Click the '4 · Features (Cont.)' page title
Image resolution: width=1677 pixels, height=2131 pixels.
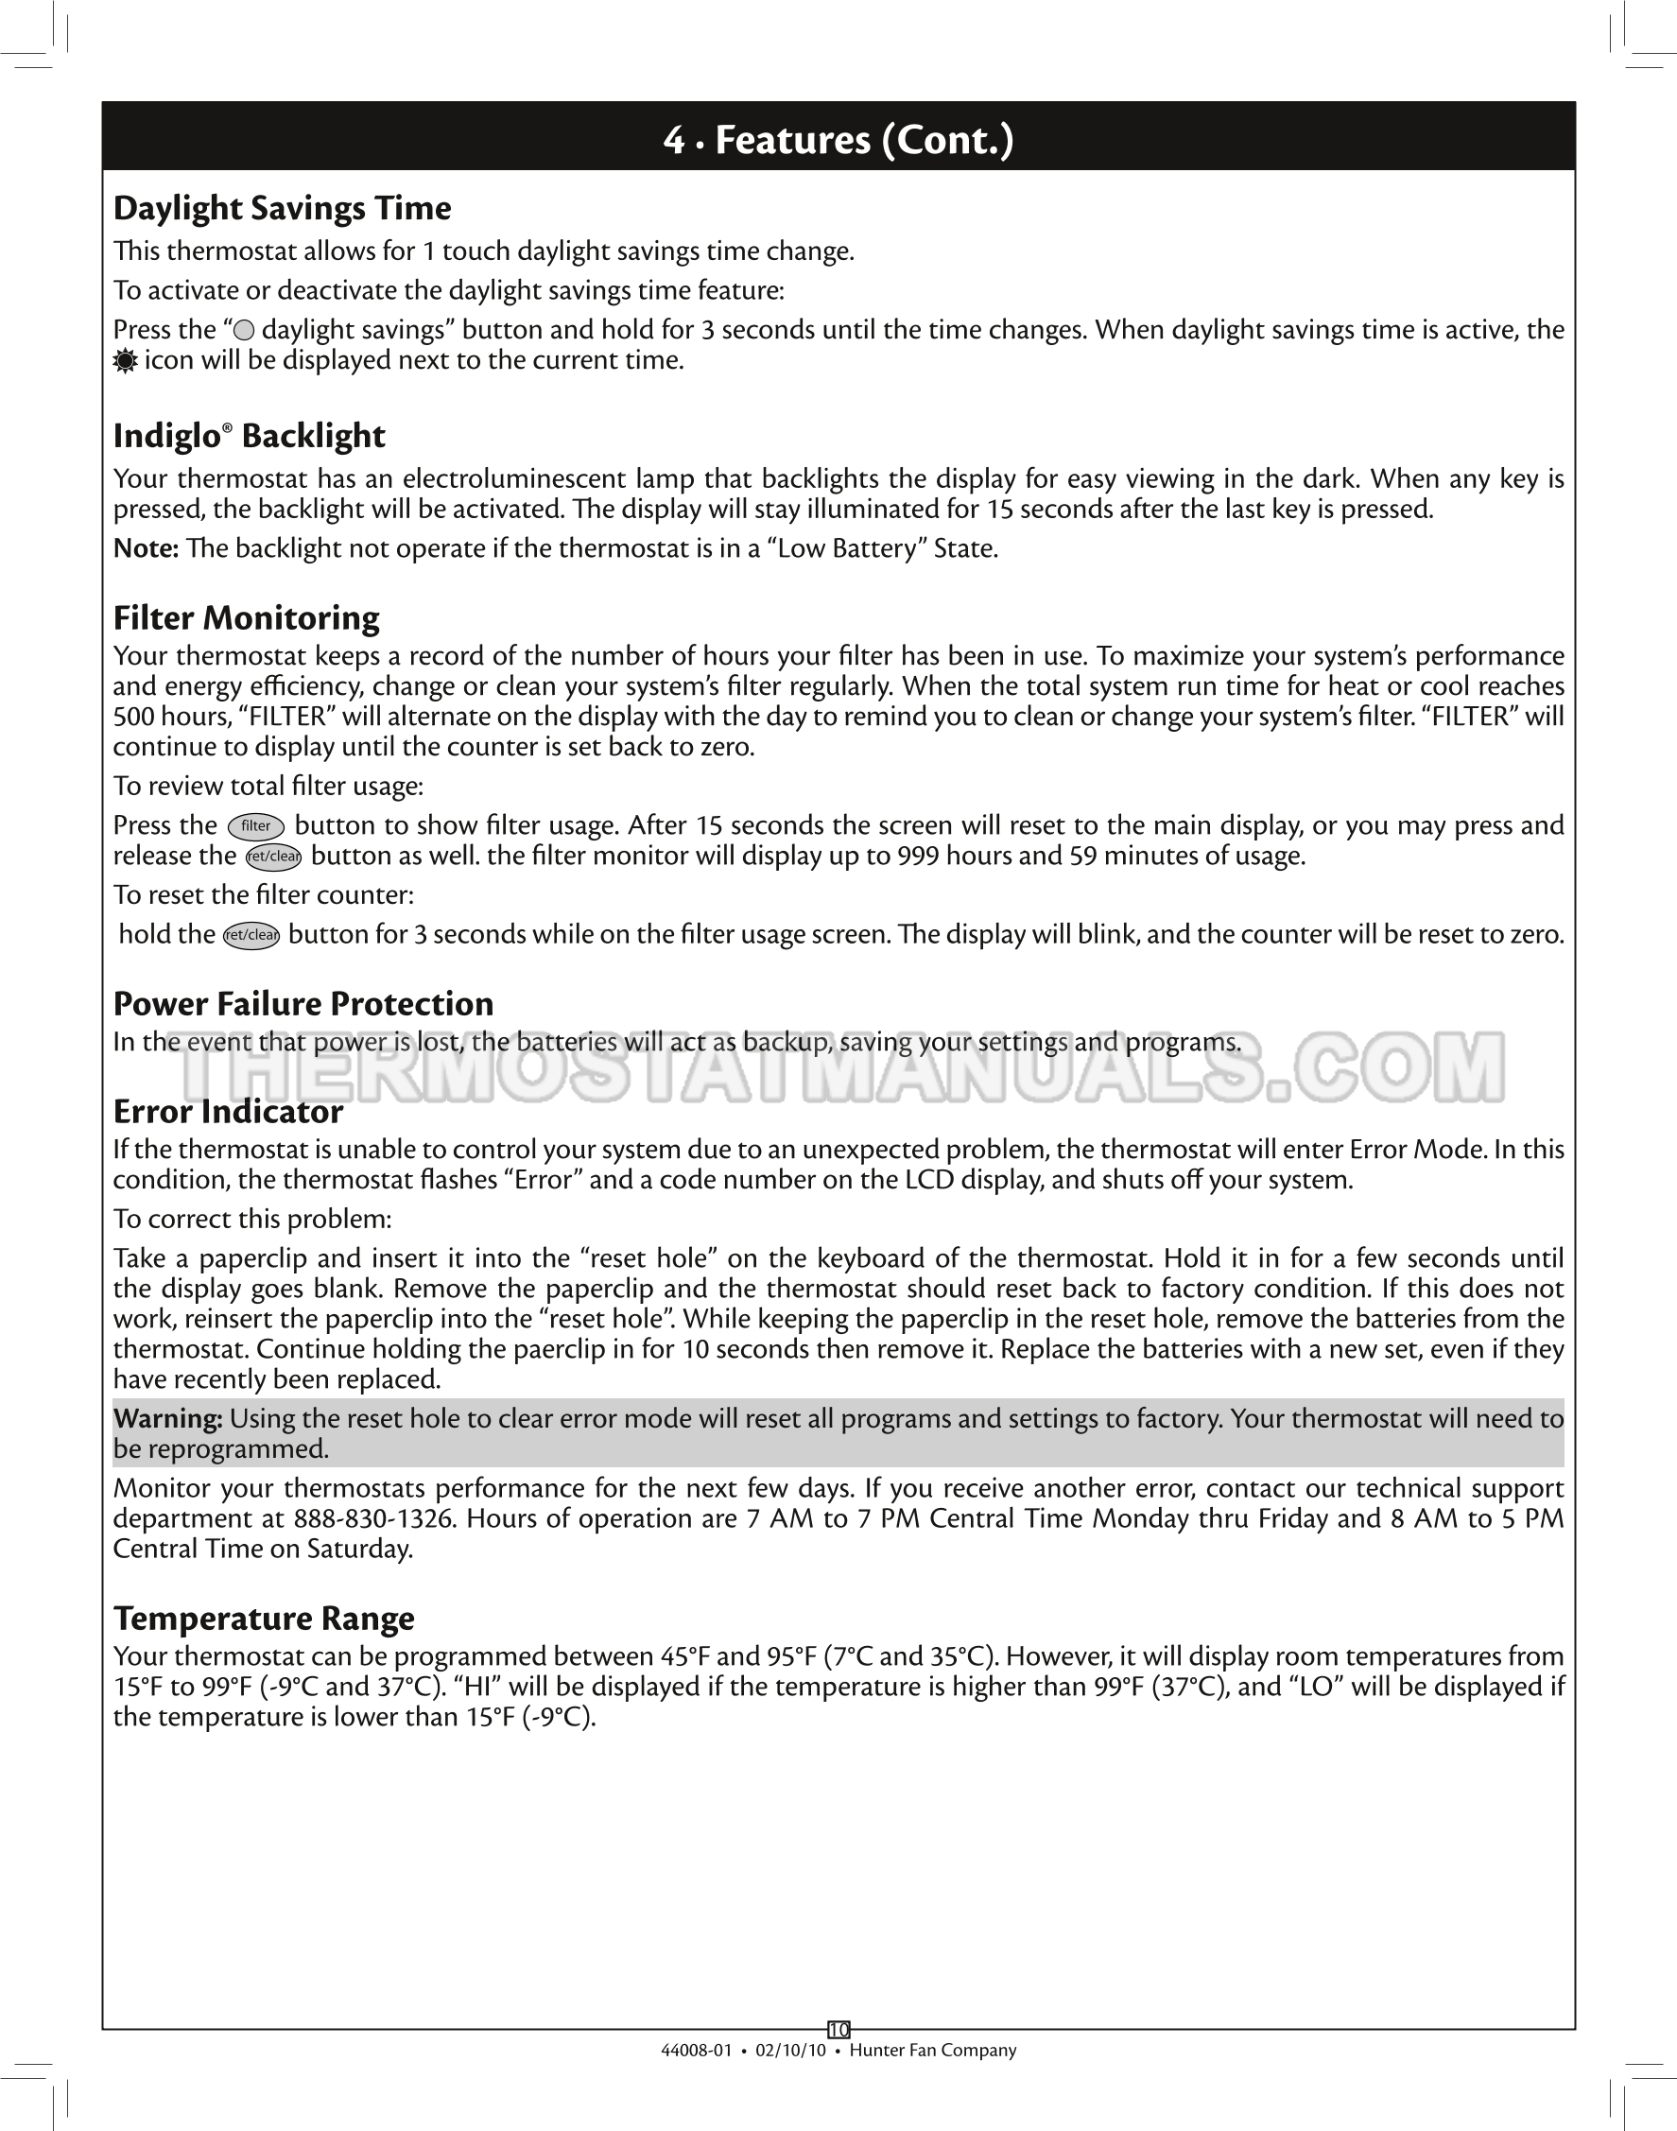point(838,139)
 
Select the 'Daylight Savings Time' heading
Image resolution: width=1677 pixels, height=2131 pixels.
point(282,208)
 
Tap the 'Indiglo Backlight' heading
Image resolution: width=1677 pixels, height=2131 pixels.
point(250,436)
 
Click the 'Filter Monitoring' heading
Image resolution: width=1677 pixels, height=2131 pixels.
point(247,617)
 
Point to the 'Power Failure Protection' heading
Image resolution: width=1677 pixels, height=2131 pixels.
point(303,1004)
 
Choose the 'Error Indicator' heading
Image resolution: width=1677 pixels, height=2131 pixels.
point(228,1112)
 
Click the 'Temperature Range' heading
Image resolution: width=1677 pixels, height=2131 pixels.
point(263,1618)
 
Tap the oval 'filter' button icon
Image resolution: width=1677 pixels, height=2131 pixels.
point(255,827)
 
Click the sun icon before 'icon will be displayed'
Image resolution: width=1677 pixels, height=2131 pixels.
point(125,361)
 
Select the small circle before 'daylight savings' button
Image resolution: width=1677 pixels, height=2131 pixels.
point(245,332)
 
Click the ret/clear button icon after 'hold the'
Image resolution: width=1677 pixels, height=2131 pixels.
point(251,936)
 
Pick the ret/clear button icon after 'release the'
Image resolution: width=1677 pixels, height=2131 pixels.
point(273,858)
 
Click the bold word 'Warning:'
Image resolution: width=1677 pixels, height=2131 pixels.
point(168,1418)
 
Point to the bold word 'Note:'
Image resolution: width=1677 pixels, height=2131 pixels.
point(146,548)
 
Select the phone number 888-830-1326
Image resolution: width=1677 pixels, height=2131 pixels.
point(375,1519)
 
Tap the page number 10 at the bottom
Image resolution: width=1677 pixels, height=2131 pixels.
point(838,2030)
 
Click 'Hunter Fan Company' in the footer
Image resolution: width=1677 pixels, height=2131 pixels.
point(932,2051)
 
